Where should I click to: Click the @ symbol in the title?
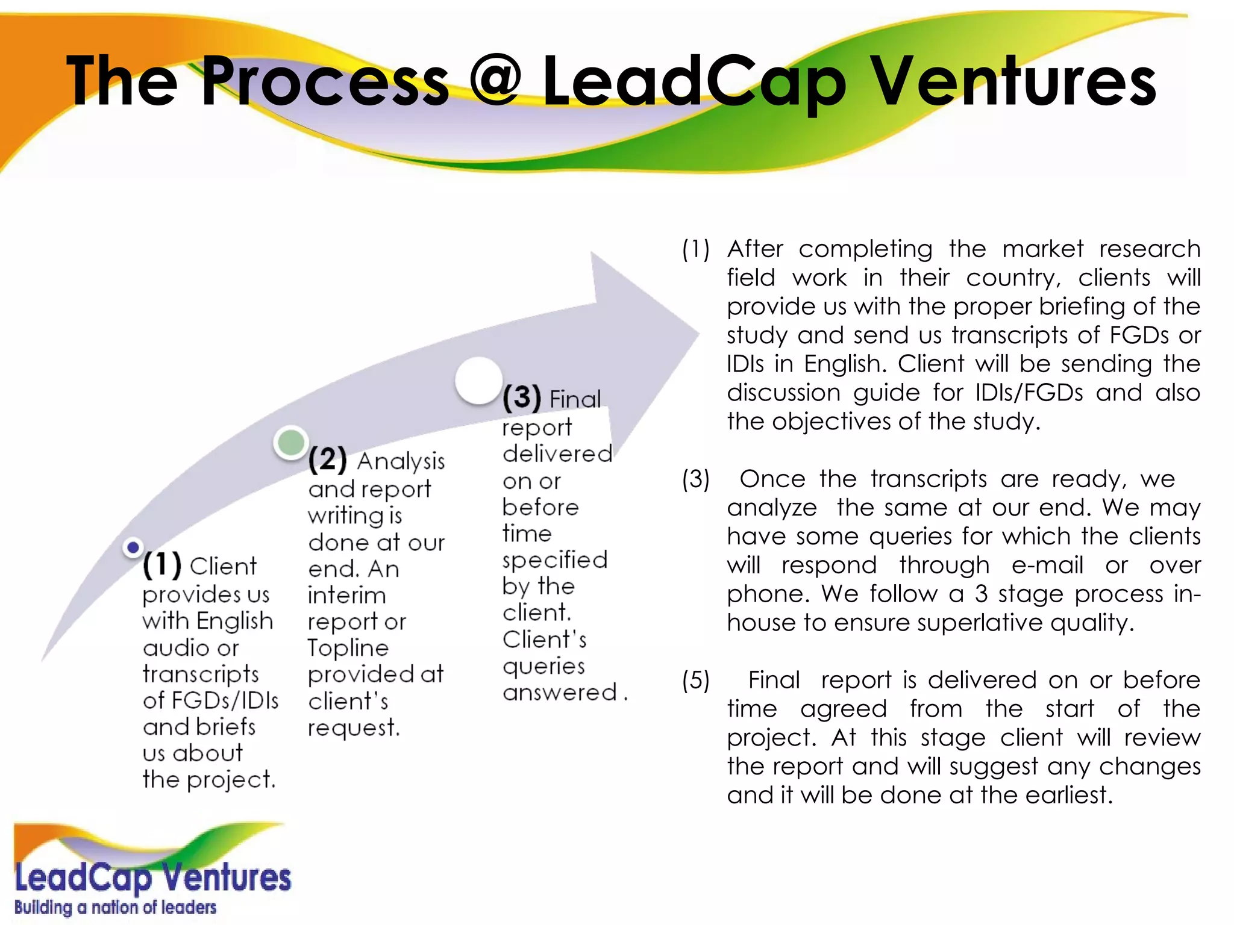495,80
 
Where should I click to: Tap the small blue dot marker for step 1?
133,547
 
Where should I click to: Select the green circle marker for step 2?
291,443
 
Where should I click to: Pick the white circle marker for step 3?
478,381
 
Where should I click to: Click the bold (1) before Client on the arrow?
161,564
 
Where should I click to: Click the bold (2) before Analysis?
327,459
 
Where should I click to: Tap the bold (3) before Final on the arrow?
522,397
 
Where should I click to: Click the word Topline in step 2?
348,648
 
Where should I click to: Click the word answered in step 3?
560,693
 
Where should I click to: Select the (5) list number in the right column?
696,681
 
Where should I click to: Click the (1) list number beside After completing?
696,249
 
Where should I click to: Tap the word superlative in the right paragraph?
980,623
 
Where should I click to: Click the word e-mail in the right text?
1047,565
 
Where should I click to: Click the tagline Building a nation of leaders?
115,907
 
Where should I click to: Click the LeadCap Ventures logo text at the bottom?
152,877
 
